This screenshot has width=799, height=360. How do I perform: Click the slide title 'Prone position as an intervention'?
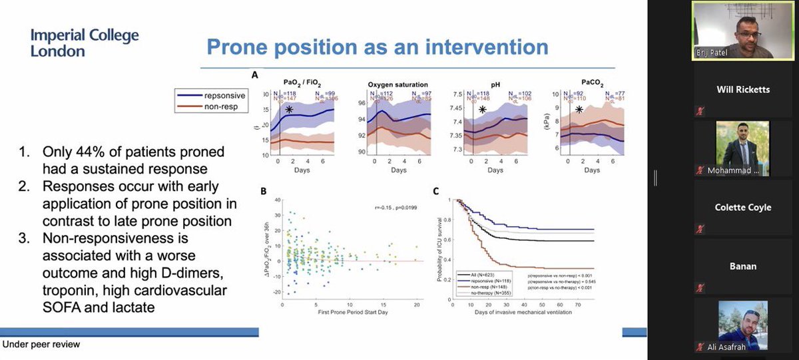(377, 47)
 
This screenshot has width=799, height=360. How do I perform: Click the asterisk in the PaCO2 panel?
(579, 110)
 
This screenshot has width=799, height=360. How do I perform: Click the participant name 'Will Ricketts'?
(744, 89)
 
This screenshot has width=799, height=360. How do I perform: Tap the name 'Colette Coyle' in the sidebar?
(744, 207)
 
